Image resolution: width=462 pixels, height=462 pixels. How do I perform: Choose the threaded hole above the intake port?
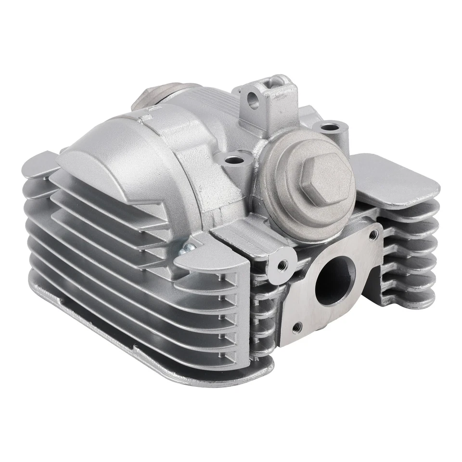pyautogui.click(x=373, y=234)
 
